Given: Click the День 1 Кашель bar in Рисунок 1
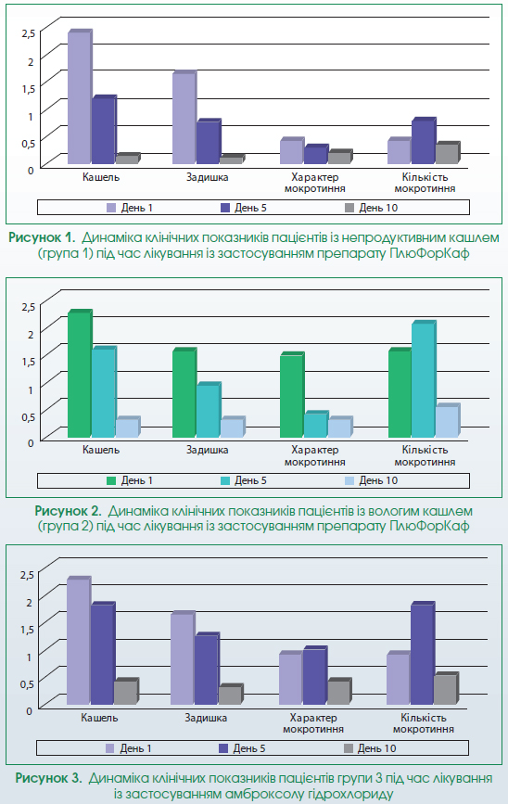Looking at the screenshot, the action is click(x=80, y=97).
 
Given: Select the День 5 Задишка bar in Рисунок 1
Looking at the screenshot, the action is click(x=209, y=142).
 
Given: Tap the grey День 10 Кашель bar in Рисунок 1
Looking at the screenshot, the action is click(x=128, y=159).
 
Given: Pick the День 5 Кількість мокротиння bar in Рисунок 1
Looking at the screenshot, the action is click(x=424, y=141).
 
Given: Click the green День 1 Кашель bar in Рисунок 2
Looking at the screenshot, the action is click(x=80, y=374).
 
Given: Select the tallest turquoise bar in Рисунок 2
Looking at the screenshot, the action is click(x=424, y=379).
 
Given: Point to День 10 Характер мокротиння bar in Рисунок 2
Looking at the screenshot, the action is click(x=340, y=428).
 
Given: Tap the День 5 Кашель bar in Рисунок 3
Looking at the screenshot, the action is click(x=103, y=654).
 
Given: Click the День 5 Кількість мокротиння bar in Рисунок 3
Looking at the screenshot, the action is click(x=423, y=654).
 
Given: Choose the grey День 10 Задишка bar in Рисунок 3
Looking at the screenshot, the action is click(x=231, y=695).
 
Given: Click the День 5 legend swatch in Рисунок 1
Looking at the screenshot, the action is click(x=225, y=208).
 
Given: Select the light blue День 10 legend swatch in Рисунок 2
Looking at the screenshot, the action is click(x=349, y=480).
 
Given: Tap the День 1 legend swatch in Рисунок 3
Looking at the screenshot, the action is click(x=109, y=748).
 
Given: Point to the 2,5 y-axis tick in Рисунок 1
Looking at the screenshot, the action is click(x=28, y=32).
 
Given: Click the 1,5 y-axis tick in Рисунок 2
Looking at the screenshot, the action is click(x=28, y=361).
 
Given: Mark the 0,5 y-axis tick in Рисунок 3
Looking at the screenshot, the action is click(x=26, y=683).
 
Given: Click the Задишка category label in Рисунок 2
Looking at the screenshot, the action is click(x=207, y=450).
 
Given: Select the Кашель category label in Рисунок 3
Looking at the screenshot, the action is click(x=99, y=718).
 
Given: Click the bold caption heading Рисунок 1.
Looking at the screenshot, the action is click(x=42, y=238).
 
